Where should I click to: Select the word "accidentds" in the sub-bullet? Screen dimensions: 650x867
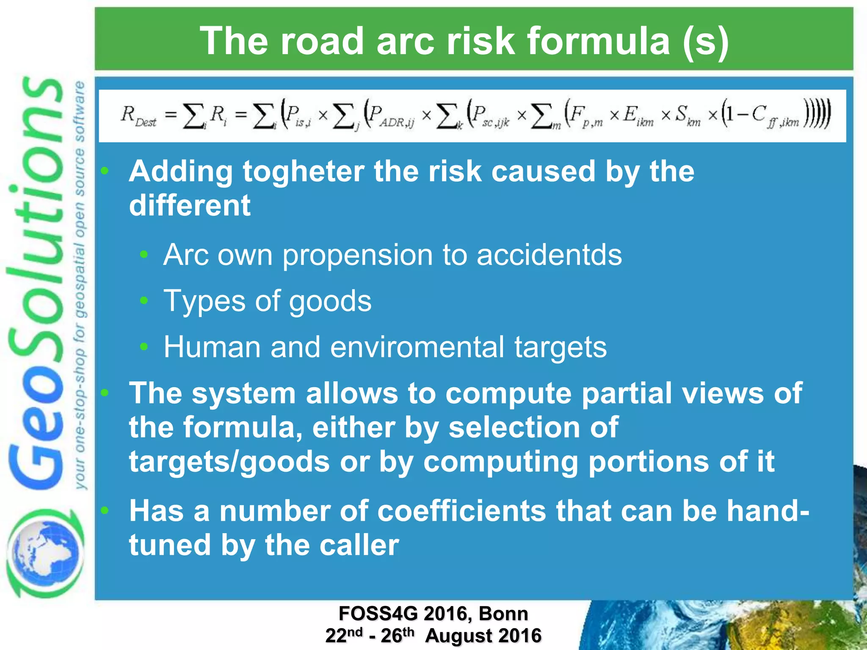[549, 255]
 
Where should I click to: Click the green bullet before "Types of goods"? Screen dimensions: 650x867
[144, 300]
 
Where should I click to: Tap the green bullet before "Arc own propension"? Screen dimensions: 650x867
[144, 254]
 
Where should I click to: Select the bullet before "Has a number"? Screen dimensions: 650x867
[105, 510]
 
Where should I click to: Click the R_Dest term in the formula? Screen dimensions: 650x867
[138, 116]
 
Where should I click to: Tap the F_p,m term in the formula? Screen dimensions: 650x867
[586, 116]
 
